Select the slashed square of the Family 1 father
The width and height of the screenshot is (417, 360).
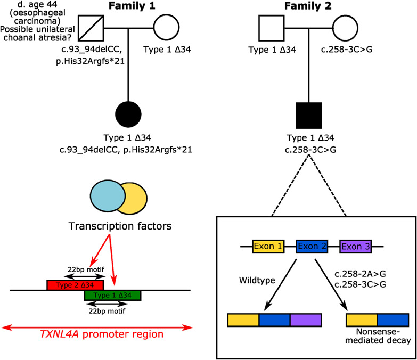91,27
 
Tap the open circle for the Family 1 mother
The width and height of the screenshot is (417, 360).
167,27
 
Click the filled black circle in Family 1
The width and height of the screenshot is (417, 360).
128,114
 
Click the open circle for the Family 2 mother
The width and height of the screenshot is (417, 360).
348,27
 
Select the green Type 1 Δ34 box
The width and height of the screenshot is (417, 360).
113,295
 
